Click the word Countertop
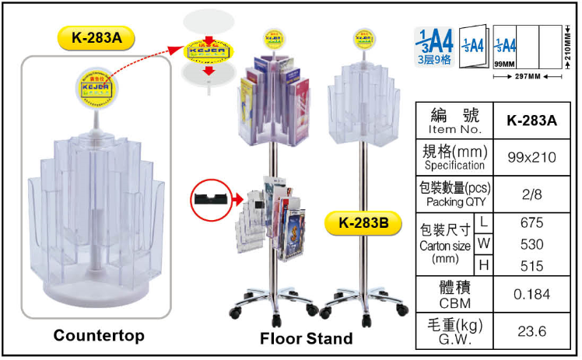[x=99, y=336]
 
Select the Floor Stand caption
[x=306, y=338]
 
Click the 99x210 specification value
[x=531, y=157]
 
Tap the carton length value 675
[x=531, y=223]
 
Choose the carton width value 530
[x=531, y=244]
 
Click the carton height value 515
[x=531, y=266]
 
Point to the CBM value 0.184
[x=531, y=294]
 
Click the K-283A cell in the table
[x=531, y=121]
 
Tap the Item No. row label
[x=455, y=121]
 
